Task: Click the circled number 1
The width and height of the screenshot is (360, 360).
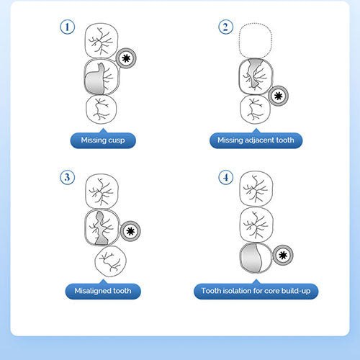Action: point(67,27)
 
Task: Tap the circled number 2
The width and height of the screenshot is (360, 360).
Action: point(225,27)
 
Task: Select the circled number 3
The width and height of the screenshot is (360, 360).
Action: point(67,177)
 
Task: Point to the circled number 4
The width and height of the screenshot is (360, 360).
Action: point(225,177)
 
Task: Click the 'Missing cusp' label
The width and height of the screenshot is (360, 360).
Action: point(103,140)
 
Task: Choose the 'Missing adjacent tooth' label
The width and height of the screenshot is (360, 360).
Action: point(256,140)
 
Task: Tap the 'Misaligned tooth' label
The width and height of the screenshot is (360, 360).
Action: point(103,291)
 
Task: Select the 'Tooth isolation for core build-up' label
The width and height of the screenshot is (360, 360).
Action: point(256,291)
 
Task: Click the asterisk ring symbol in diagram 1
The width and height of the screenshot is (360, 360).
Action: point(126,58)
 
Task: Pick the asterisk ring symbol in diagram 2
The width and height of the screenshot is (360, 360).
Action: point(278,96)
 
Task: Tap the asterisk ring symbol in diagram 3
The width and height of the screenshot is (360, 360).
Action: point(130,231)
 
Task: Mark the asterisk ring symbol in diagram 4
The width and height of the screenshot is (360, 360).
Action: point(283,255)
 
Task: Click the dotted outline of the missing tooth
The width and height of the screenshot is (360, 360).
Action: point(256,24)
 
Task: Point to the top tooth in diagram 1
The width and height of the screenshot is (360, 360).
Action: point(102,40)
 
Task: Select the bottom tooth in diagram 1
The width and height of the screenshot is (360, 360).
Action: point(102,109)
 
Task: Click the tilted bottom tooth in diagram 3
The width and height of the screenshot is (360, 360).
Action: point(111,262)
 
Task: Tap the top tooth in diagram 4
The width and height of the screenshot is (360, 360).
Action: point(256,189)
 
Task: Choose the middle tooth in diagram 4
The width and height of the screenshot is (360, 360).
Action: point(256,225)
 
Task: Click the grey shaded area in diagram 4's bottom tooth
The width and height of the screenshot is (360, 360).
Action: point(251,258)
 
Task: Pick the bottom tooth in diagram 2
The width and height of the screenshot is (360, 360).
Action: point(256,109)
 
